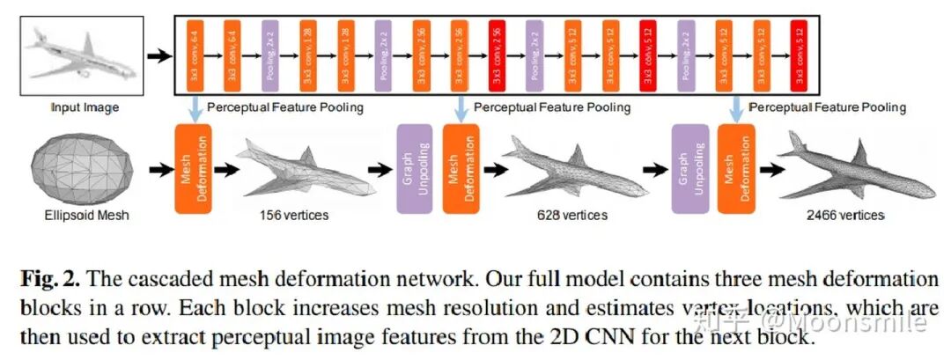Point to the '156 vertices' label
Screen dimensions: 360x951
pyautogui.click(x=295, y=214)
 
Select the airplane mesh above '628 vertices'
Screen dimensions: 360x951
pyautogui.click(x=569, y=167)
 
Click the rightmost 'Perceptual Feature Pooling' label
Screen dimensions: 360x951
pyautogui.click(x=827, y=107)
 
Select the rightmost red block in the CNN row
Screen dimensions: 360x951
pyautogui.click(x=799, y=56)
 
